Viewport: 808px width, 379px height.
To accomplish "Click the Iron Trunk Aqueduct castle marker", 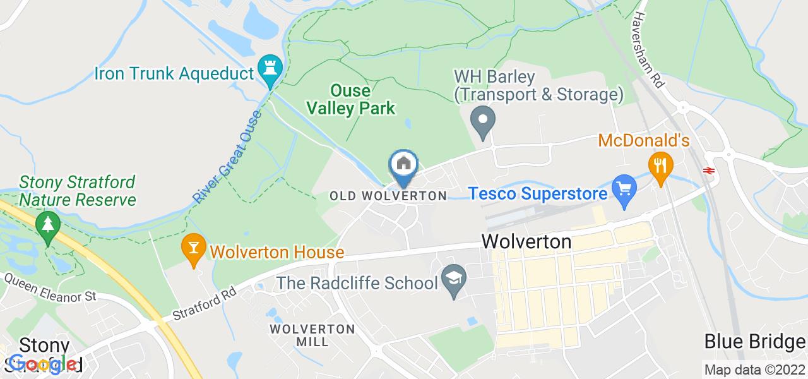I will point(270,70).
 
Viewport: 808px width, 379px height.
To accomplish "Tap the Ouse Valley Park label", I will point(351,100).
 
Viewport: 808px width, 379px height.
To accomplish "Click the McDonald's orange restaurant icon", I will point(660,165).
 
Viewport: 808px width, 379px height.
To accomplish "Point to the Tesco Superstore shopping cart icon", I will point(624,189).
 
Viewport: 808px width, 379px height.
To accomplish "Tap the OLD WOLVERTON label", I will point(388,196).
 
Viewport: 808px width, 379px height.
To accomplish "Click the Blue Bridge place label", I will point(755,342).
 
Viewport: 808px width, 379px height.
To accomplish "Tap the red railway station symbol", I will point(709,170).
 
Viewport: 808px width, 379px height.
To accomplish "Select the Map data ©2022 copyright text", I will point(755,370).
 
